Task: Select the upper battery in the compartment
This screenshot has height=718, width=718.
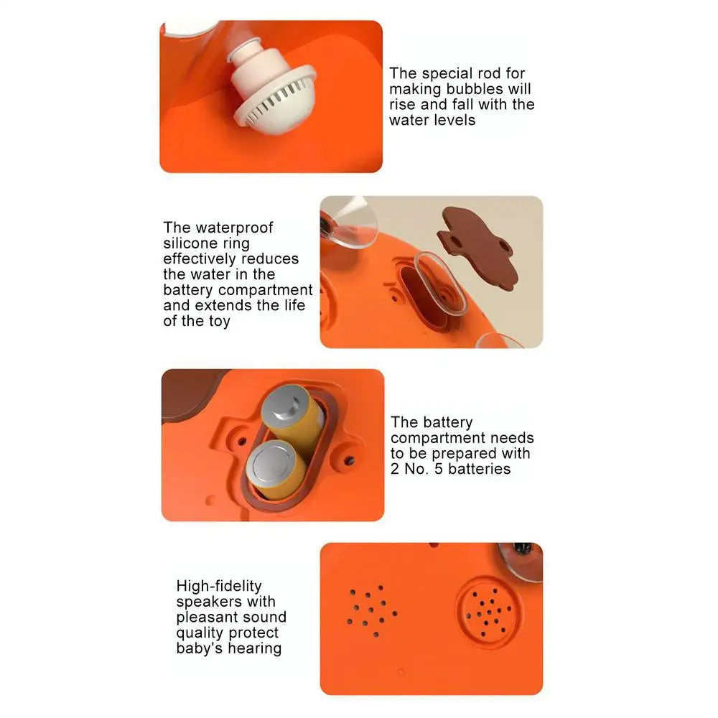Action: pyautogui.click(x=294, y=415)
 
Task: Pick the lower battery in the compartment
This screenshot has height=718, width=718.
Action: pyautogui.click(x=276, y=470)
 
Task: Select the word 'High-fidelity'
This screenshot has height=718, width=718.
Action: pyautogui.click(x=219, y=586)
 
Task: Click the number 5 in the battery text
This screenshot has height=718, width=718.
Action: pyautogui.click(x=439, y=469)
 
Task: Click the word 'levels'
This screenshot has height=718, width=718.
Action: pyautogui.click(x=454, y=120)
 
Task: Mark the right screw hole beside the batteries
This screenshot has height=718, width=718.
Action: pyautogui.click(x=349, y=460)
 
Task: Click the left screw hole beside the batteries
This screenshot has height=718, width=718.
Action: pyautogui.click(x=242, y=442)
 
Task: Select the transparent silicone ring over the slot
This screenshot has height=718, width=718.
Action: pyautogui.click(x=441, y=283)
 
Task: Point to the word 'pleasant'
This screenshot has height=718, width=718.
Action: pyautogui.click(x=205, y=617)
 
